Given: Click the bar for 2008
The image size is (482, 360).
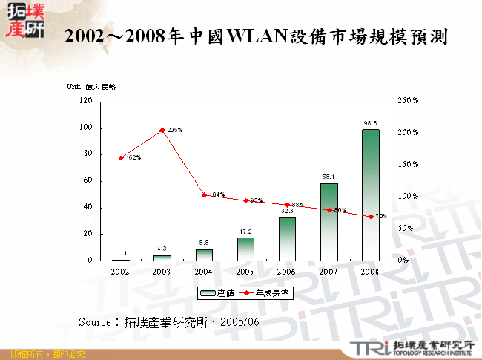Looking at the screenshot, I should [x=370, y=194].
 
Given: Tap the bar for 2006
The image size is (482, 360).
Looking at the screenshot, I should [x=287, y=238].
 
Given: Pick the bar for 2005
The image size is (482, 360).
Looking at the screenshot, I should [x=245, y=249].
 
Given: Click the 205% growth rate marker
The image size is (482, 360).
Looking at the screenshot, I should [x=162, y=130].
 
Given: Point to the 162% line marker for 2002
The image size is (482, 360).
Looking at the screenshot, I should [x=121, y=157].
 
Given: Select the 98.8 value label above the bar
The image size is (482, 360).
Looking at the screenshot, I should [x=370, y=122].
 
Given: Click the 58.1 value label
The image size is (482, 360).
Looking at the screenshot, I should [x=329, y=176].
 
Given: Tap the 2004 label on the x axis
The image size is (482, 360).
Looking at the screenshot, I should [x=204, y=272].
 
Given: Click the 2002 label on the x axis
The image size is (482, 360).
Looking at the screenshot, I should [x=121, y=272].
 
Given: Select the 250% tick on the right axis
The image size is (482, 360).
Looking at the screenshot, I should [x=408, y=100].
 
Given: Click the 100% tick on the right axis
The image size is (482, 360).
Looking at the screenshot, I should [x=408, y=196].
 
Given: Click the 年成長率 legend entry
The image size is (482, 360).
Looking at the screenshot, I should [x=265, y=293].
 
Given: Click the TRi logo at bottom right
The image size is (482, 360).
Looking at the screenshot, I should [x=366, y=347].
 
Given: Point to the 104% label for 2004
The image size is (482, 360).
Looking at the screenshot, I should [x=217, y=194].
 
